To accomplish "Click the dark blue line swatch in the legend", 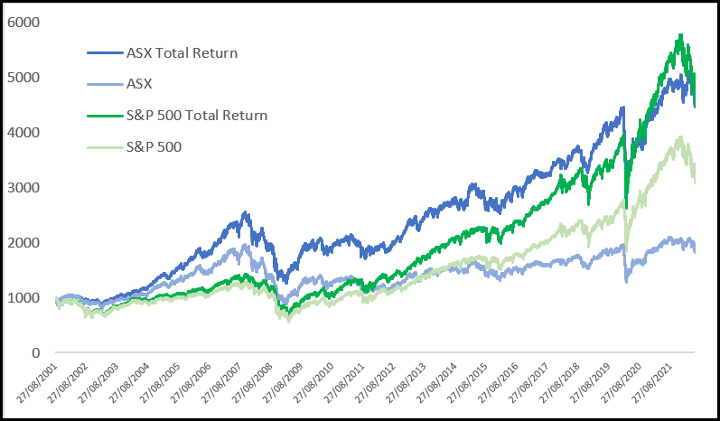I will click(105, 52).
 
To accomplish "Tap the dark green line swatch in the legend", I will click(105, 115).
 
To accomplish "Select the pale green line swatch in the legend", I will click(105, 146).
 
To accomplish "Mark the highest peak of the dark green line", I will click(678, 35).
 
